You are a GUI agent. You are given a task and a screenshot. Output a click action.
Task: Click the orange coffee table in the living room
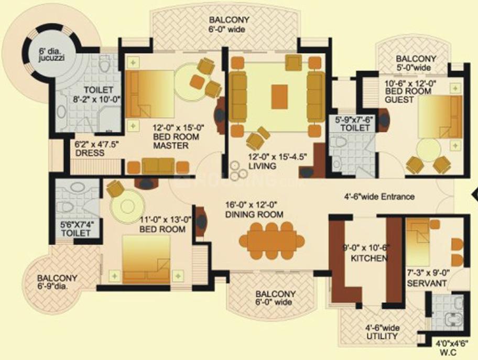point(279,96)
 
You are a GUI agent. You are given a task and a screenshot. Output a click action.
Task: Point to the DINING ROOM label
point(254,210)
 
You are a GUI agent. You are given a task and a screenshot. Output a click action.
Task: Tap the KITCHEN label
point(369,253)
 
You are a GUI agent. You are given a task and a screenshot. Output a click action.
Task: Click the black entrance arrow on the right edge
point(474,195)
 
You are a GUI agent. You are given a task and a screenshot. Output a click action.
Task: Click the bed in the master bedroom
point(147,94)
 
